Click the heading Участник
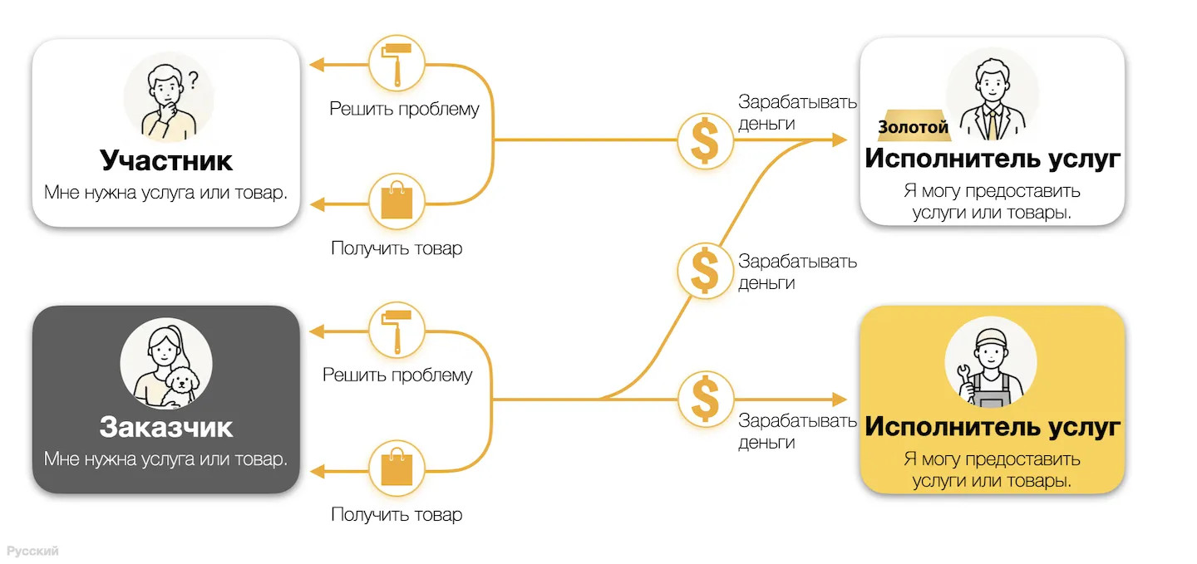(x=165, y=160)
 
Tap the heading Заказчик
(x=165, y=427)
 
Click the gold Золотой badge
(x=914, y=126)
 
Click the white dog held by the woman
(x=181, y=385)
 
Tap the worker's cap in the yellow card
(x=991, y=336)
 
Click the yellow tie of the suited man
(x=993, y=125)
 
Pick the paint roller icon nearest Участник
(x=397, y=64)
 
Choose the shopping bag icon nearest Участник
(x=397, y=202)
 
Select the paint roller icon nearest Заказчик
(x=397, y=331)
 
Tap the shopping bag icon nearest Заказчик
(x=397, y=469)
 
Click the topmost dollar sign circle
(x=706, y=141)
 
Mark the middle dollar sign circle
(x=706, y=270)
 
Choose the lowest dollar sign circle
(x=706, y=400)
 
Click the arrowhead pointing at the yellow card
(x=840, y=400)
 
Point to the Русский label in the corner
(x=32, y=551)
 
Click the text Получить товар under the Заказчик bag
(x=397, y=514)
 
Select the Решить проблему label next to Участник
(x=404, y=109)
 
